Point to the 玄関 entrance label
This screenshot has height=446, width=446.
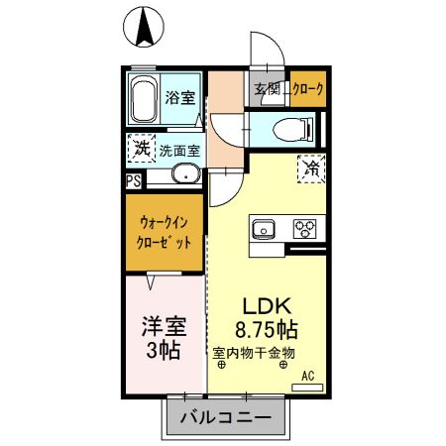click(x=268, y=90)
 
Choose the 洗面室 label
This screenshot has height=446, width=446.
click(x=179, y=152)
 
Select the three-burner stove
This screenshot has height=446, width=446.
click(x=303, y=230)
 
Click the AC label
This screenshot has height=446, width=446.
click(x=307, y=374)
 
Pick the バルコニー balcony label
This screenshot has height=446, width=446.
click(x=226, y=418)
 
